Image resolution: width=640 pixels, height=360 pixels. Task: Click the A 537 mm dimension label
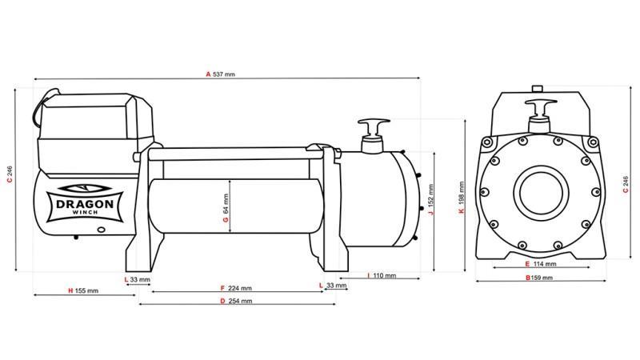coord(220,74)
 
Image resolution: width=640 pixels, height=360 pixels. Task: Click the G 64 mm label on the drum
coord(226,208)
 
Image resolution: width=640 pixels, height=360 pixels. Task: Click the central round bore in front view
coord(539,192)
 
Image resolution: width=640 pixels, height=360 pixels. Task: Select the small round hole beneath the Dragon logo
coord(102,230)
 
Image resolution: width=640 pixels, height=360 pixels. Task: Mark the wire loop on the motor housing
coord(37,111)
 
